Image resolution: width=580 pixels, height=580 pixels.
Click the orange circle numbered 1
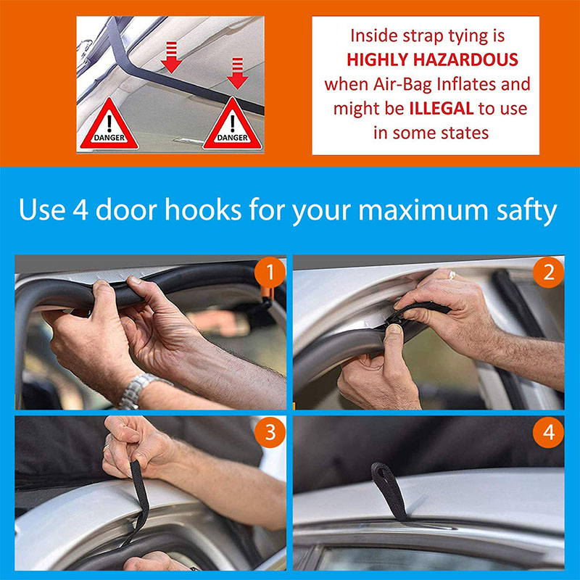click(x=270, y=273)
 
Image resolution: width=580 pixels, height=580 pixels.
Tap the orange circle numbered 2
click(x=549, y=273)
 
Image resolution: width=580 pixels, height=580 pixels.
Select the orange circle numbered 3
click(x=270, y=432)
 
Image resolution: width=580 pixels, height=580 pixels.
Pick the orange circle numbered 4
click(x=549, y=432)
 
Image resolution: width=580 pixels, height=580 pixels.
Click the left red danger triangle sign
click(x=109, y=125)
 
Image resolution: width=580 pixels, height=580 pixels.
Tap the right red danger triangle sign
click(x=232, y=125)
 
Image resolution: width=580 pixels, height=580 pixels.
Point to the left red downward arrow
click(x=171, y=57)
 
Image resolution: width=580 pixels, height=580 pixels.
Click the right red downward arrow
click(x=238, y=73)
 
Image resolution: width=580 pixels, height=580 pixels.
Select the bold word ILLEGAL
click(x=442, y=108)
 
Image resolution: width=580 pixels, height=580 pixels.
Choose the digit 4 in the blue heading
click(x=80, y=210)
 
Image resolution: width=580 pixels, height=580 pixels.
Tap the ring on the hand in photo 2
click(x=452, y=275)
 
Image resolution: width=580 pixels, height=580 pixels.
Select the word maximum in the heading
click(x=423, y=210)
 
